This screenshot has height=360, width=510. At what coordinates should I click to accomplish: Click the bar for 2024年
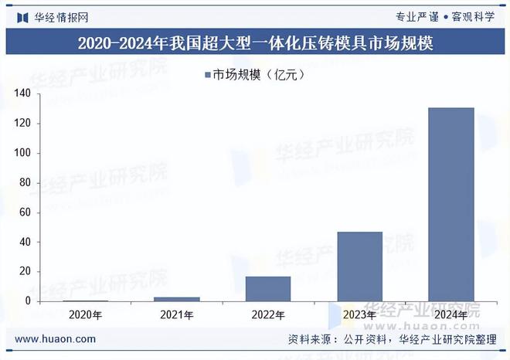coord(450,204)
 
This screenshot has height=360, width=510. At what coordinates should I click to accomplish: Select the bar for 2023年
coord(359,266)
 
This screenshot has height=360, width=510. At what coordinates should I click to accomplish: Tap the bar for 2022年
coord(268,288)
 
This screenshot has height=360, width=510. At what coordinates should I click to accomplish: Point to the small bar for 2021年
coord(177,298)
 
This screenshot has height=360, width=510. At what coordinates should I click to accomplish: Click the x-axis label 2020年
coord(85,315)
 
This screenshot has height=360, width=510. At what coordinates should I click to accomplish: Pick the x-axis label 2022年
coord(268,315)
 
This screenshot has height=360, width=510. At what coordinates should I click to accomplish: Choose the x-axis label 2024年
coord(450,315)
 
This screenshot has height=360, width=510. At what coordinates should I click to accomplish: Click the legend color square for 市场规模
coord(206,75)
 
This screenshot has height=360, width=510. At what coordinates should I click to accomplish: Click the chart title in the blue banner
coord(255,44)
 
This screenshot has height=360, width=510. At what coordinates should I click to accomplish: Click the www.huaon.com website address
coord(56,339)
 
